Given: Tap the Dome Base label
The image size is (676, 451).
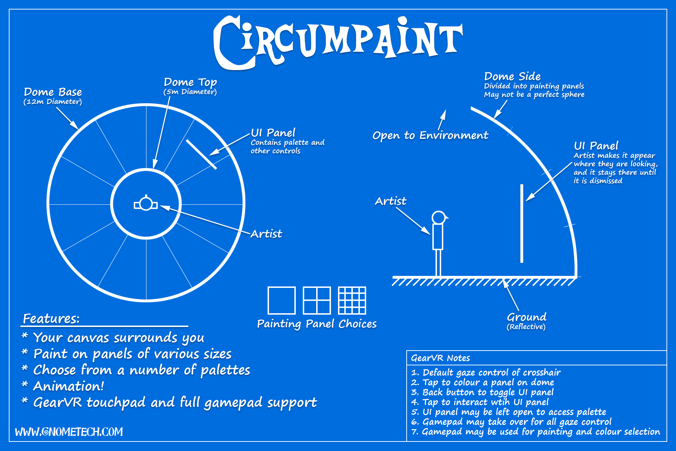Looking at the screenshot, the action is pyautogui.click(x=53, y=92).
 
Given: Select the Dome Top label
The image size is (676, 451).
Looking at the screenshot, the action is pyautogui.click(x=190, y=82).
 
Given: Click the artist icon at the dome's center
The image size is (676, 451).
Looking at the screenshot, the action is pyautogui.click(x=146, y=204).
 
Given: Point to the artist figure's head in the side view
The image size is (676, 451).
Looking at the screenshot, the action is pyautogui.click(x=439, y=217).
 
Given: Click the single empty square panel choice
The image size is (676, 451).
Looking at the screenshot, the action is pyautogui.click(x=281, y=300).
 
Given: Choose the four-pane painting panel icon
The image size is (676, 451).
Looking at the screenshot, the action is pyautogui.click(x=317, y=300).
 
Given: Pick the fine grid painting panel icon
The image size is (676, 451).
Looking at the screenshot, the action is pyautogui.click(x=352, y=300).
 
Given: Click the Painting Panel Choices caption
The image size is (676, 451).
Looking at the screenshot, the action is pyautogui.click(x=317, y=324).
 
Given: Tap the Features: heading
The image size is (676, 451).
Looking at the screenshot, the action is pyautogui.click(x=51, y=319).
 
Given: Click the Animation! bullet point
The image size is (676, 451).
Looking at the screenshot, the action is pyautogui.click(x=68, y=386).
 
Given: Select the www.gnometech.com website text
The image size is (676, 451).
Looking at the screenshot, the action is pyautogui.click(x=69, y=432).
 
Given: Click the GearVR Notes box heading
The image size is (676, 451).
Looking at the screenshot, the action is pyautogui.click(x=440, y=358).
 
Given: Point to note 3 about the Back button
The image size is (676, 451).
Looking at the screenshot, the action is pyautogui.click(x=482, y=392).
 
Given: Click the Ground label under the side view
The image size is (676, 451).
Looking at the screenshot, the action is pyautogui.click(x=526, y=317).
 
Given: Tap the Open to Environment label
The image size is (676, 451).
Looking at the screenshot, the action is pyautogui.click(x=430, y=135).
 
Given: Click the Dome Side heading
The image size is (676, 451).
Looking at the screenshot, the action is pyautogui.click(x=512, y=76).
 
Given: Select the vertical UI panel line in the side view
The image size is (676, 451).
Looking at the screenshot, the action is pyautogui.click(x=521, y=223).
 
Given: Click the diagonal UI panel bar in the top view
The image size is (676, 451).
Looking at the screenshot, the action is pyautogui.click(x=201, y=154).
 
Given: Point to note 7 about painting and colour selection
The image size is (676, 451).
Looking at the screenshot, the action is pyautogui.click(x=535, y=432).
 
